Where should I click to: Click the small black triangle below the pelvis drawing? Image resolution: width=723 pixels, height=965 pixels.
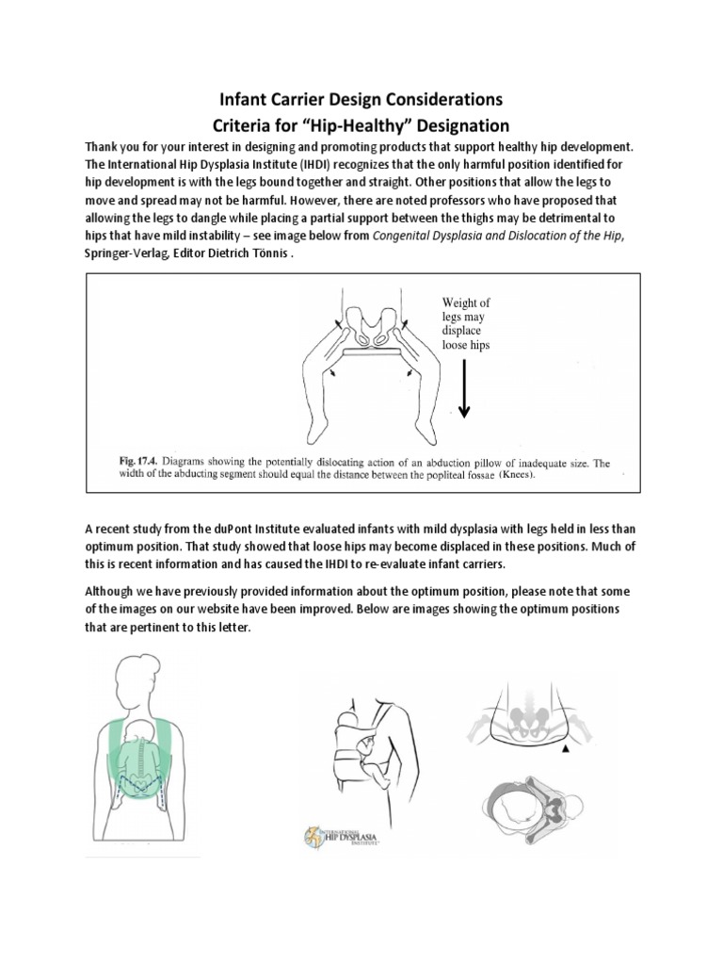[564, 747]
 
